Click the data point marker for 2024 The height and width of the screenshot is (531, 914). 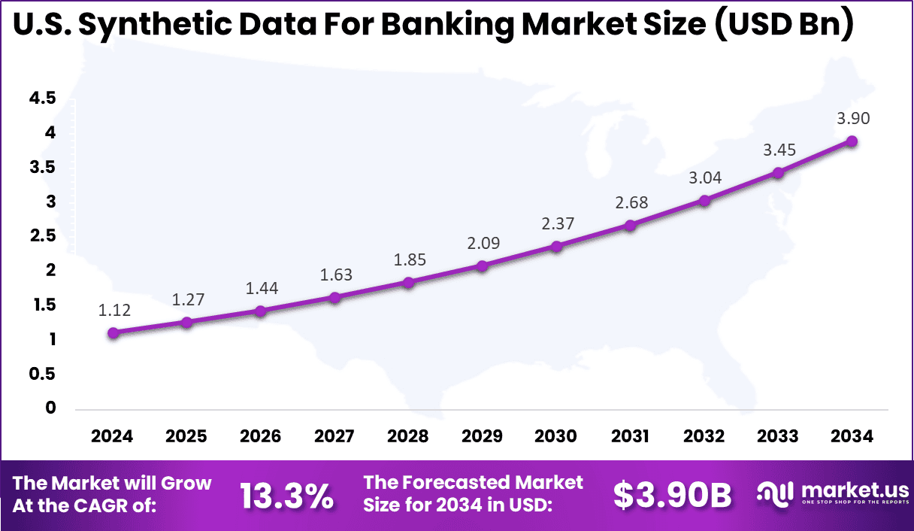tap(113, 332)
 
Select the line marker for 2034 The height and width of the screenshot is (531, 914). tap(852, 141)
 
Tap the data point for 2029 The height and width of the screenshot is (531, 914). tap(483, 265)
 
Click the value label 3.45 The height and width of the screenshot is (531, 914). tap(779, 150)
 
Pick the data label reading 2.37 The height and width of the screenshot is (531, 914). tap(556, 223)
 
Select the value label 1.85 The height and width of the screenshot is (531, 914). tap(409, 260)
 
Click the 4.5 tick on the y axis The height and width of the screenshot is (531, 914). tap(42, 98)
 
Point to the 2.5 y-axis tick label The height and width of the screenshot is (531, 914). tap(42, 236)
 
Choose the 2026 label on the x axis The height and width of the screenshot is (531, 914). tap(260, 437)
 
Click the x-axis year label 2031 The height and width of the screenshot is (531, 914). tap(630, 437)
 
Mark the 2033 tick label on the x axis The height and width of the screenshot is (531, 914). tap(779, 437)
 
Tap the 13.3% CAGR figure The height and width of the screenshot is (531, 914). tap(286, 496)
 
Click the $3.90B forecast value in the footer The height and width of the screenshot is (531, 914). tap(672, 496)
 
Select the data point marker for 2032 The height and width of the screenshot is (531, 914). tap(704, 201)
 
